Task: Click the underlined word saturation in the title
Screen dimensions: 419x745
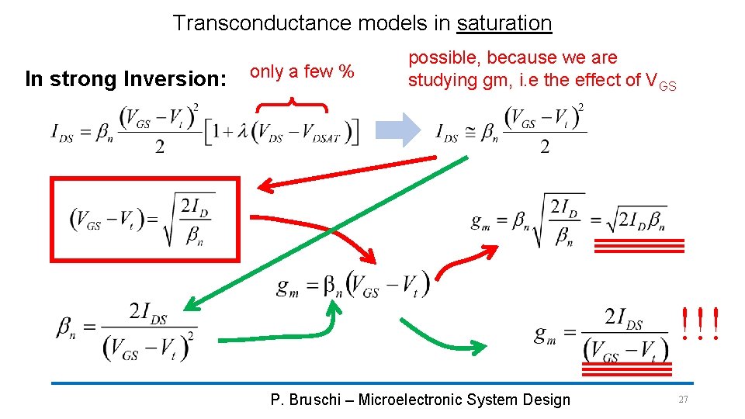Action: pos(504,23)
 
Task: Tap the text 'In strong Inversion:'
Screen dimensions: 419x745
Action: pos(125,78)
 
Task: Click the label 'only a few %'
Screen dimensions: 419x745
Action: pos(302,72)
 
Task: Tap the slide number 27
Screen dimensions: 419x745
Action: pos(683,399)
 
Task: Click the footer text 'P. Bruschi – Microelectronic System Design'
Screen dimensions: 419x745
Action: pos(420,400)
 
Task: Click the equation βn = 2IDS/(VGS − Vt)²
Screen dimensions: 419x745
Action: pos(126,330)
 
